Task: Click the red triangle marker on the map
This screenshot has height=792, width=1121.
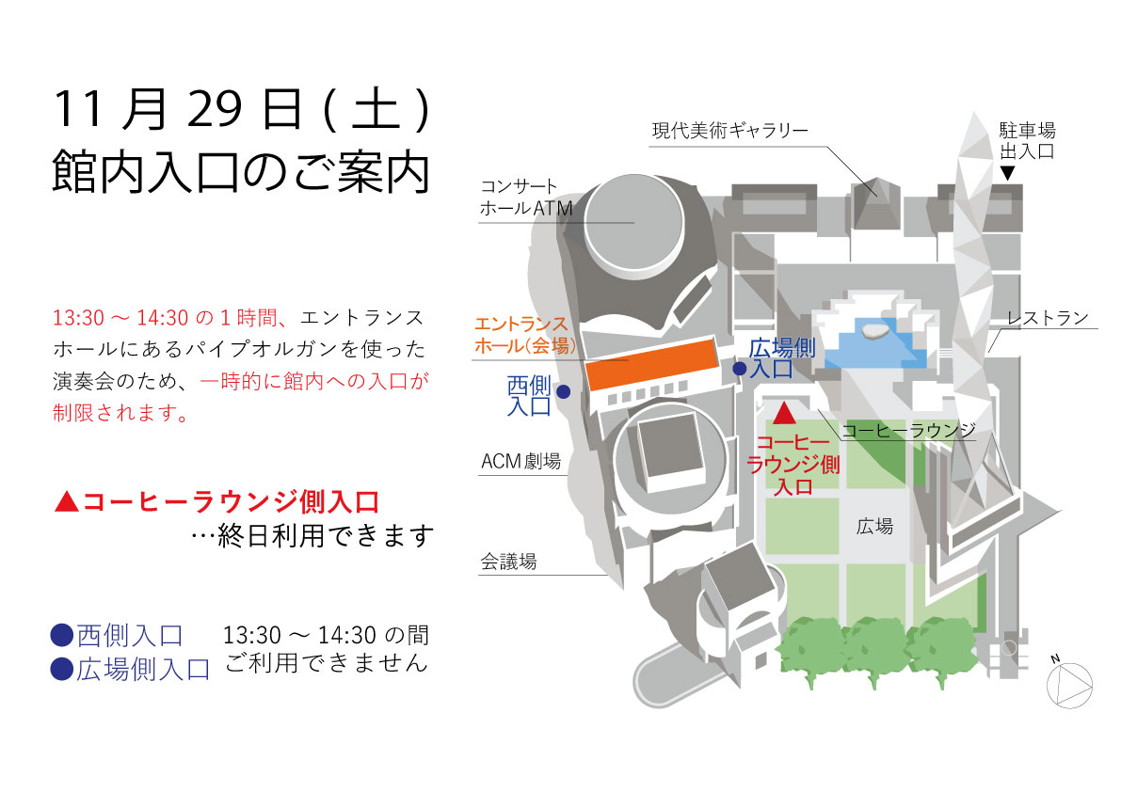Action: pyautogui.click(x=785, y=412)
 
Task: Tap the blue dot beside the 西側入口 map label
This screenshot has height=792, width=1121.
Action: pyautogui.click(x=563, y=391)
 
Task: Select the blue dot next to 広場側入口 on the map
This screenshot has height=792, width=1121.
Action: pyautogui.click(x=740, y=369)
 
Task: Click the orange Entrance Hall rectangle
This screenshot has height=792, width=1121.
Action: pyautogui.click(x=649, y=366)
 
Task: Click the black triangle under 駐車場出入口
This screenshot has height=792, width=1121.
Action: pyautogui.click(x=1008, y=173)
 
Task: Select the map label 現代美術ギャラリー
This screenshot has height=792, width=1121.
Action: pyautogui.click(x=729, y=131)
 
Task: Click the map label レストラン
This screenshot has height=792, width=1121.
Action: pyautogui.click(x=1047, y=318)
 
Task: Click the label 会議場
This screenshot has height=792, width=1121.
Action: pyautogui.click(x=508, y=562)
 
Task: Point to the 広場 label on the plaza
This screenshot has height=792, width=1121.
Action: pyautogui.click(x=874, y=527)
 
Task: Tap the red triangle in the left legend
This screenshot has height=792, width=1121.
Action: pyautogui.click(x=66, y=500)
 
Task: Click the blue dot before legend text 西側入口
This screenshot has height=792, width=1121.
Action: pyautogui.click(x=61, y=637)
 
